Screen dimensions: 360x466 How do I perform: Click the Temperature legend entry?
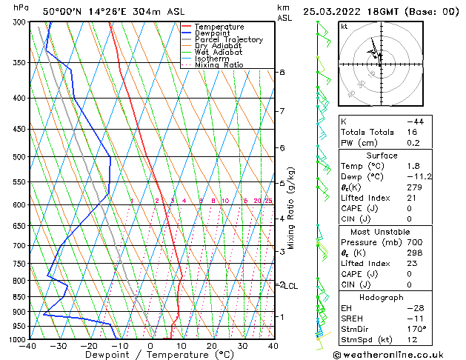point(219,27)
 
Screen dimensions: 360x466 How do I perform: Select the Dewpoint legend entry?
point(215,33)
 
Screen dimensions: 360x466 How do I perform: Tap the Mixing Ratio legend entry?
point(219,65)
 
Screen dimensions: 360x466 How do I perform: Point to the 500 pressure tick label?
point(20,157)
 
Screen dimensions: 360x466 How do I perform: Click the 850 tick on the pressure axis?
point(20,296)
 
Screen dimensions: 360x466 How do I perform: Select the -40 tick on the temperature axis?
point(29,346)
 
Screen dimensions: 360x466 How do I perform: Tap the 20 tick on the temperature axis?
point(212,346)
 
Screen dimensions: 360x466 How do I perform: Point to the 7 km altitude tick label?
point(282,111)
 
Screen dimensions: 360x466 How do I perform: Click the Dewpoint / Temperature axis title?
point(150,355)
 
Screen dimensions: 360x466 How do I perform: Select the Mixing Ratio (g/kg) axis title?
point(290,208)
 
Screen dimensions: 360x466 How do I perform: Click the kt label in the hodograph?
point(344,27)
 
